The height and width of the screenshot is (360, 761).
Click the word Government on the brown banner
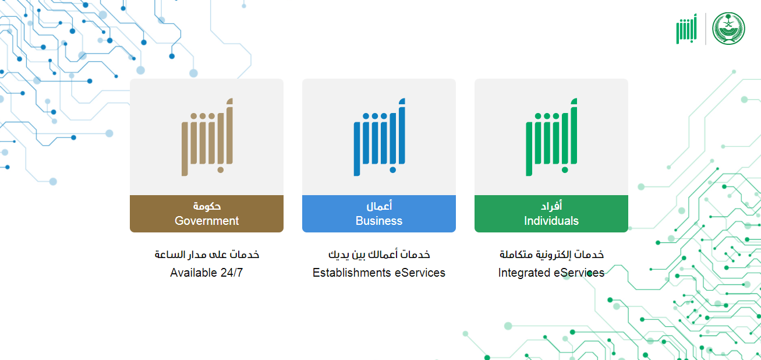[207, 221]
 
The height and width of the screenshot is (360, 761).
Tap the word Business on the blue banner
[379, 221]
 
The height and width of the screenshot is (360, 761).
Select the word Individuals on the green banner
[551, 221]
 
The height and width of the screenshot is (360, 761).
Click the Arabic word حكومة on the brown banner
[207, 206]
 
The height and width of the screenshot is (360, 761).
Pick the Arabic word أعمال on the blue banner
[379, 206]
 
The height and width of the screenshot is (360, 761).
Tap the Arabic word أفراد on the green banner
[551, 206]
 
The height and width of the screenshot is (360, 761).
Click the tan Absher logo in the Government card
[207, 137]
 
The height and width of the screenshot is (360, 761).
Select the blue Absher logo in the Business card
[380, 137]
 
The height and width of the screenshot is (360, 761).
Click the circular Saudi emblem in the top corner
[729, 29]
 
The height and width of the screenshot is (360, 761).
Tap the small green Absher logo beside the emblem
[686, 29]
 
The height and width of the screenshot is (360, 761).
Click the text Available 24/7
[207, 273]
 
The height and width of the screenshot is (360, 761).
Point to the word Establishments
[352, 273]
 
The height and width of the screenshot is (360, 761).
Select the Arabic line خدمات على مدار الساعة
[207, 255]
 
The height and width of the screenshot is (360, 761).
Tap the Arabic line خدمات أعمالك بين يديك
[379, 255]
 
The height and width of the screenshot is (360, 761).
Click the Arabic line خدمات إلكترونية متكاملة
[552, 255]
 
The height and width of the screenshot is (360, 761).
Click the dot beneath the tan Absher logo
[221, 170]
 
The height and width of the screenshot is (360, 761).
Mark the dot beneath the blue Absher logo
[393, 170]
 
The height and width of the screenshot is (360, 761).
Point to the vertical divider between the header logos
[706, 29]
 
